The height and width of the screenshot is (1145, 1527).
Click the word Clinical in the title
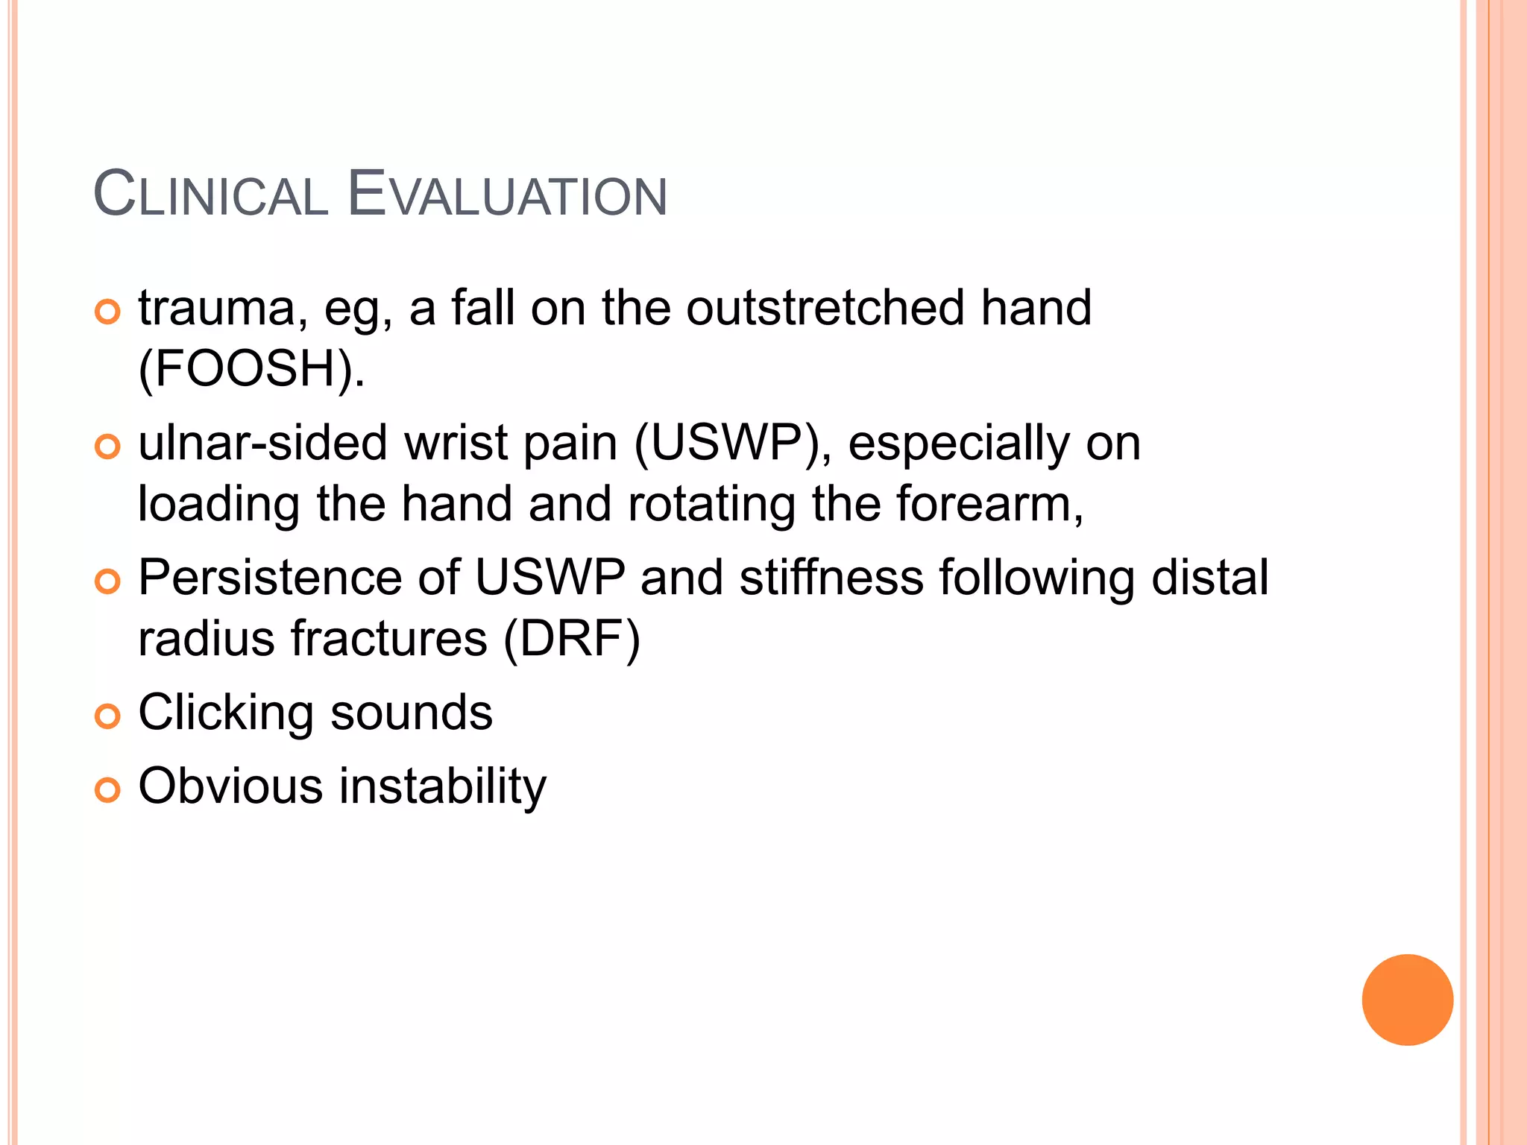pyautogui.click(x=211, y=195)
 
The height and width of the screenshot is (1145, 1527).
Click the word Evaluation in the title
pyautogui.click(x=507, y=195)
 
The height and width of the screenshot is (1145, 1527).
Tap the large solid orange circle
pyautogui.click(x=1407, y=1000)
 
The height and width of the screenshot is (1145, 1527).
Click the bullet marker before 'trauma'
pyautogui.click(x=107, y=312)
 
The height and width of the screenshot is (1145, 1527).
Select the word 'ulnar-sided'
pyautogui.click(x=262, y=443)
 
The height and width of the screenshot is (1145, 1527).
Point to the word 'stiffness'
pyautogui.click(x=831, y=578)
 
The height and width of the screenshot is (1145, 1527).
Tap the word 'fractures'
pyautogui.click(x=388, y=639)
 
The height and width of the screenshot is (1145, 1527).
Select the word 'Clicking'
pyautogui.click(x=225, y=713)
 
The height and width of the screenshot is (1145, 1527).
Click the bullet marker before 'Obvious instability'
pyautogui.click(x=107, y=789)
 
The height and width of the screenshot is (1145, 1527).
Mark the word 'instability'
pyautogui.click(x=443, y=786)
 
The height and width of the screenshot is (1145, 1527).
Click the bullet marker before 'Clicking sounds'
pyautogui.click(x=107, y=716)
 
